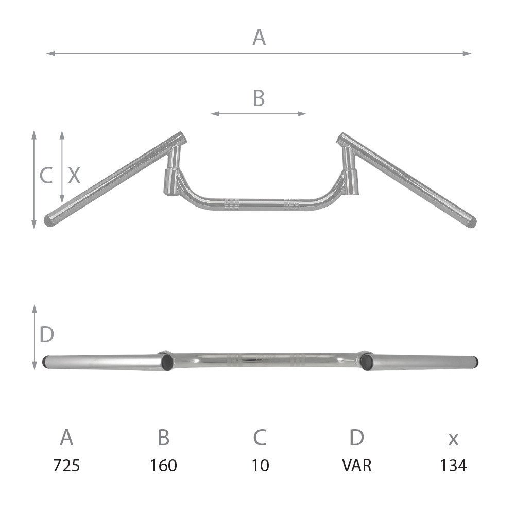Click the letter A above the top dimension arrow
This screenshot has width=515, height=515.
point(259,38)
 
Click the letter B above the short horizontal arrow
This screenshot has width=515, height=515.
point(259,98)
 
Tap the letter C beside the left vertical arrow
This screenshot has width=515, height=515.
point(46,176)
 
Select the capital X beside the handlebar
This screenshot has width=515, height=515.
point(75,176)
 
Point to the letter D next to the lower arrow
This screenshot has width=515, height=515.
point(47,335)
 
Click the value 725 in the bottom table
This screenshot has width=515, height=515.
point(66,466)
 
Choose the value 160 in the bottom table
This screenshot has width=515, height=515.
point(163,466)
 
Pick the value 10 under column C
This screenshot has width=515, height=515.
point(260,466)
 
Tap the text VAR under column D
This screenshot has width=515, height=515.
point(356,466)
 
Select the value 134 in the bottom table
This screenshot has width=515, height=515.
point(453,466)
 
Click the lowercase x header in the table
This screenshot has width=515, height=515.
point(453,439)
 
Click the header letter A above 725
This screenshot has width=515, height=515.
point(66,438)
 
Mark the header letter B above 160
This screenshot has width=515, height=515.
point(163,438)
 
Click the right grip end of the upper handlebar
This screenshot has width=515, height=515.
point(470,222)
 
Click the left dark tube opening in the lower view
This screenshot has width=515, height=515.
point(166,363)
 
